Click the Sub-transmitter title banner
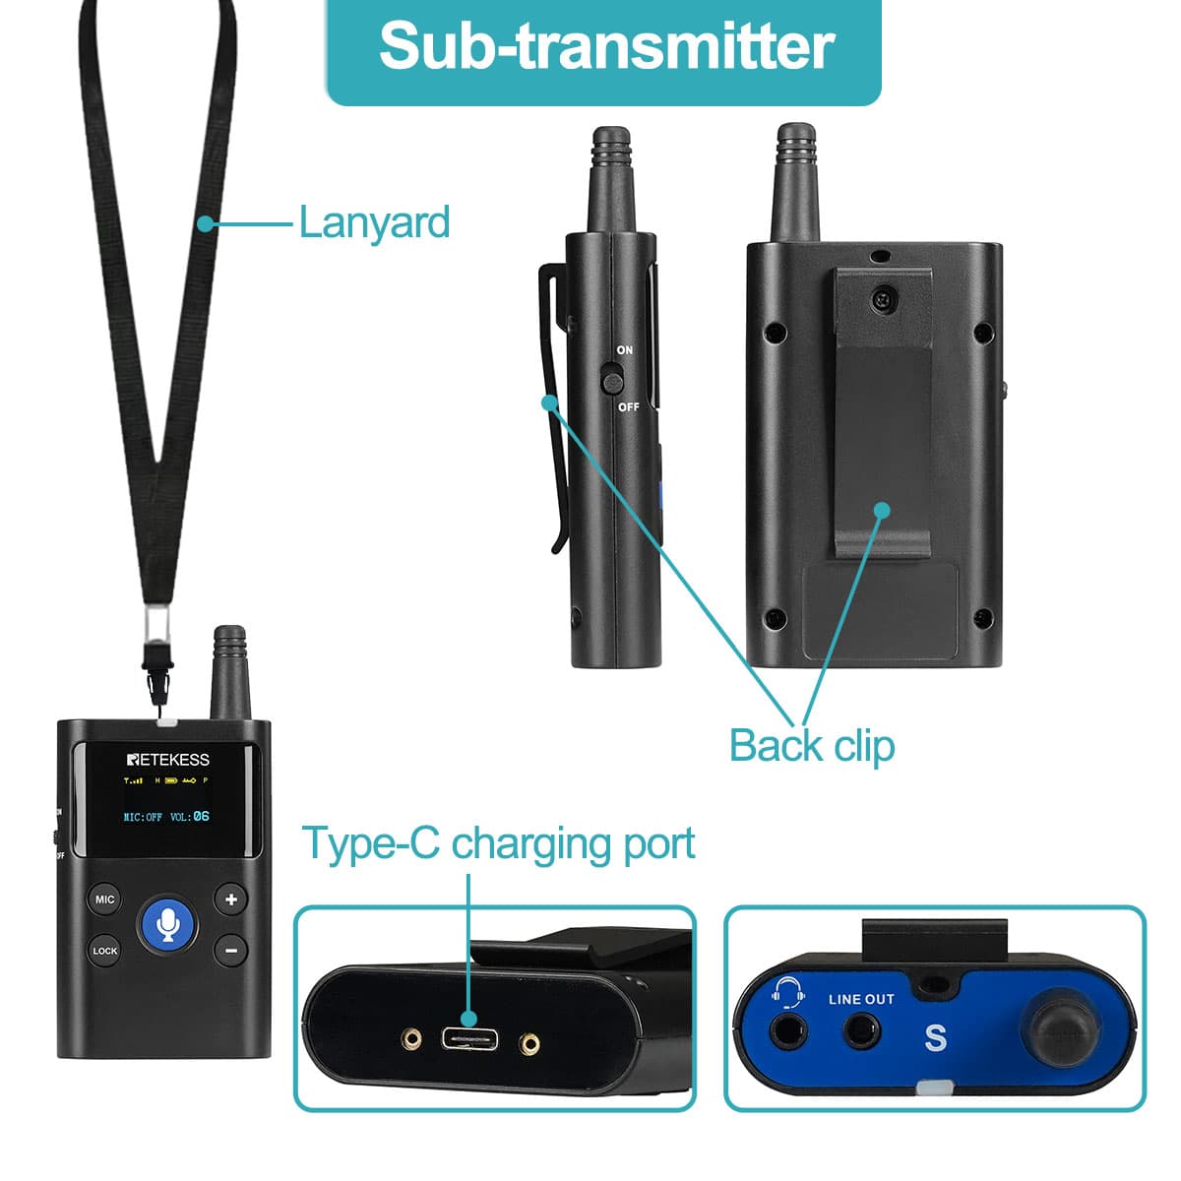point(604,47)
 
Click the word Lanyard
point(374,222)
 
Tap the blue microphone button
point(169,924)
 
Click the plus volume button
point(231,899)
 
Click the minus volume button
point(231,950)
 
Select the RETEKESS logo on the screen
point(167,759)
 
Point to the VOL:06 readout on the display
point(190,816)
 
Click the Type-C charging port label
point(498,844)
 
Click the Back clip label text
point(812,745)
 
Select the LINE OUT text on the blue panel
point(861,999)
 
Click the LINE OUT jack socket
point(862,1032)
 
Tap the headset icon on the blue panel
point(787,993)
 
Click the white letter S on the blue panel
point(935,1037)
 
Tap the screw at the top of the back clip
point(884,294)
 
